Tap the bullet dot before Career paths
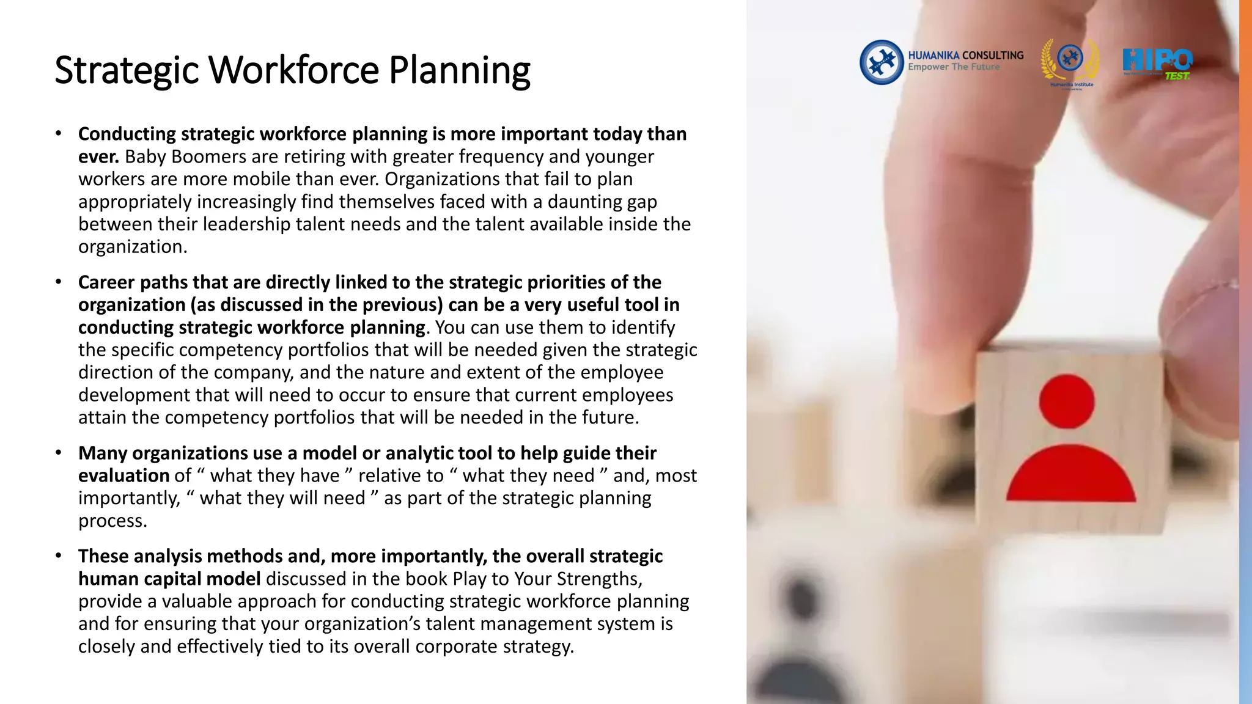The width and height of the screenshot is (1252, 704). (59, 282)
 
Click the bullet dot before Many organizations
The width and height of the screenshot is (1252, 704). (59, 453)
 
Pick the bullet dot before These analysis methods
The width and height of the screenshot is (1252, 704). (59, 556)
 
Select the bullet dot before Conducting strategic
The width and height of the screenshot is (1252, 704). (59, 134)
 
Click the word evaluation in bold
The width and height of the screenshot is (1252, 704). (123, 475)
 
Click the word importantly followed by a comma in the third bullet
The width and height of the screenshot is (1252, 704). (129, 498)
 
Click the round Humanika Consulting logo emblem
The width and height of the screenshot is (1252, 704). (881, 62)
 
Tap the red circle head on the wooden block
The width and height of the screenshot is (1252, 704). (1067, 402)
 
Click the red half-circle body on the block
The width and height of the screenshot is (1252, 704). (1071, 475)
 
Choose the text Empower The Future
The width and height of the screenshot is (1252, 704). (954, 67)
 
